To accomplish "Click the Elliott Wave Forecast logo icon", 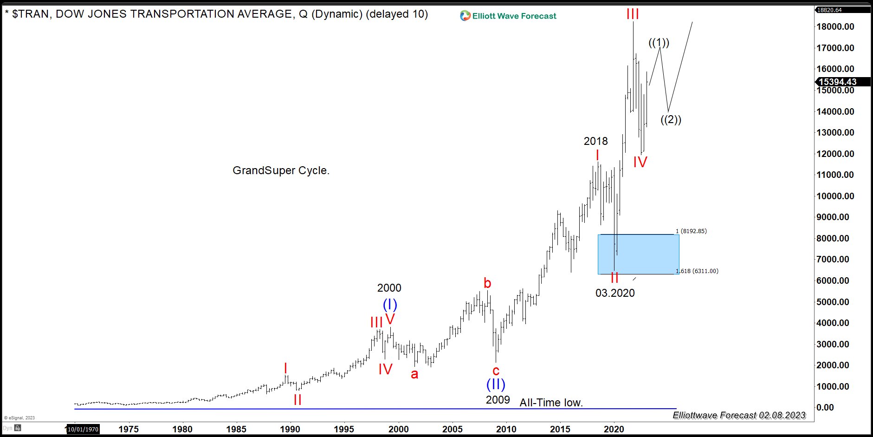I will pos(465,16).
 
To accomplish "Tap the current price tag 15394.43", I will pos(837,82).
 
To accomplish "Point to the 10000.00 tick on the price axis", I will pos(835,196).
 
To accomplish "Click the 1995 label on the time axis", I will pos(344,429).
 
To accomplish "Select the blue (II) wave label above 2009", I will pos(496,385).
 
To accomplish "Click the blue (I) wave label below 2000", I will pos(390,305).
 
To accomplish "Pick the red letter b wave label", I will pos(487,283).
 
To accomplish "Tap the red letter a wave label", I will pos(414,373).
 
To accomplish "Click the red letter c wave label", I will pos(496,371).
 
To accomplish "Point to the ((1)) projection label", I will pos(659,43).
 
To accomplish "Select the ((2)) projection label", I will pos(671,120).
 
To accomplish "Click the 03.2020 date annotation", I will pos(615,293).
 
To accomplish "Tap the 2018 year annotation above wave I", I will pos(595,141).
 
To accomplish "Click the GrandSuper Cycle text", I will pos(281,170).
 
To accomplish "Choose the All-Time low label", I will pos(551,403).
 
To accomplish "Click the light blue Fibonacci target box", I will pos(638,254).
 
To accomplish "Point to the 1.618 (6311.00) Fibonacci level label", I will pos(697,271).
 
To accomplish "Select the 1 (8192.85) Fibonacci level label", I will pos(691,231).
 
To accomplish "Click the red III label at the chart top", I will pos(633,14).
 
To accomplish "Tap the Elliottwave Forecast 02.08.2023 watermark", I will pos(739,415).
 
